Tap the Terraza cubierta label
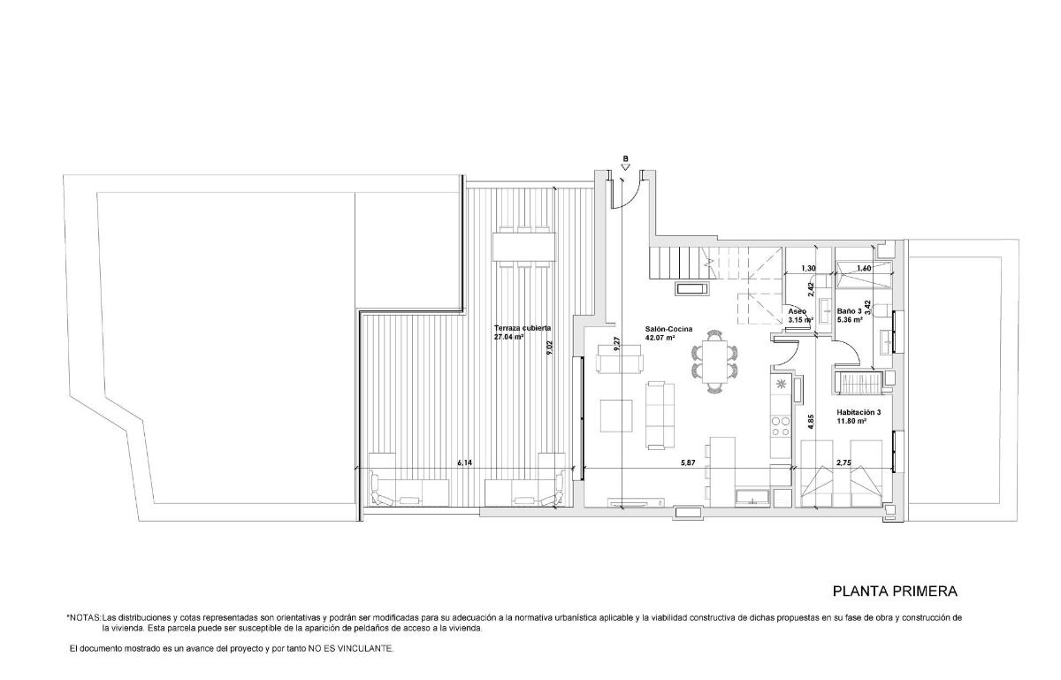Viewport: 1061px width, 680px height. (x=523, y=327)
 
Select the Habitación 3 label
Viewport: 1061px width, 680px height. (x=859, y=412)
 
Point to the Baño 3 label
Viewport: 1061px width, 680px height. (x=849, y=311)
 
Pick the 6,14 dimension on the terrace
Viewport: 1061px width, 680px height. (x=465, y=462)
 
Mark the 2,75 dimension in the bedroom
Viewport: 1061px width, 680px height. (x=844, y=462)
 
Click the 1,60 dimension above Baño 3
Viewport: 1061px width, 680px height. (x=864, y=268)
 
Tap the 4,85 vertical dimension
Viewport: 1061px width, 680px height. (x=810, y=422)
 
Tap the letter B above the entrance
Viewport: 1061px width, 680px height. (x=625, y=160)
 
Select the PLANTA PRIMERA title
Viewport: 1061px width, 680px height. (x=895, y=591)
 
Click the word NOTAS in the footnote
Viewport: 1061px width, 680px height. (x=85, y=617)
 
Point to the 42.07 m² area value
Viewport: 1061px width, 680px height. (x=660, y=338)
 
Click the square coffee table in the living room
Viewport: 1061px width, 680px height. (x=617, y=415)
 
